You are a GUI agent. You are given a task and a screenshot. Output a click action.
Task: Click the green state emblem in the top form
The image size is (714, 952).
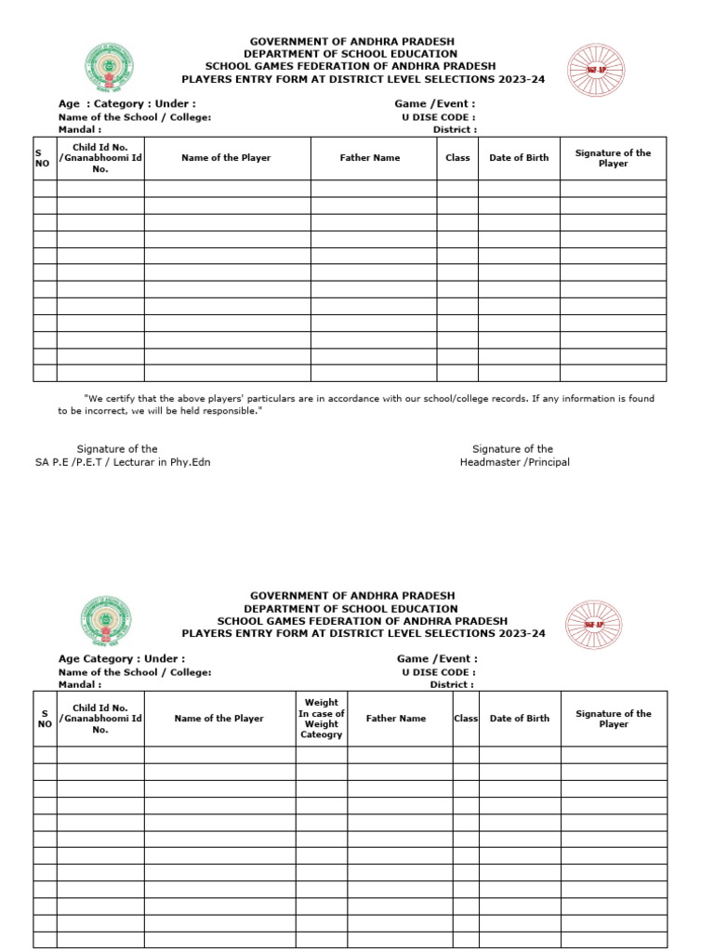point(108,68)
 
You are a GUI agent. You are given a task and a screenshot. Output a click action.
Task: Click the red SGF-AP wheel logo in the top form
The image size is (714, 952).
point(594,69)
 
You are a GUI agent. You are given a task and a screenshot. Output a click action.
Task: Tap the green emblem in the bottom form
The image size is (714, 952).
point(108,622)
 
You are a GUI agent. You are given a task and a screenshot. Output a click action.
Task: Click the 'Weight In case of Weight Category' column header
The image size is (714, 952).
point(322,719)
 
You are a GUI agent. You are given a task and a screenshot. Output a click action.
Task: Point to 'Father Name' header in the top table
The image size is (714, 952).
point(370,158)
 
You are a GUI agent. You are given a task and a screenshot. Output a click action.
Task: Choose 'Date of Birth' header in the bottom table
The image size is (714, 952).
point(520,719)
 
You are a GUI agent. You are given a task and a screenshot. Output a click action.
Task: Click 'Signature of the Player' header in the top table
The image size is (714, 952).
point(613,158)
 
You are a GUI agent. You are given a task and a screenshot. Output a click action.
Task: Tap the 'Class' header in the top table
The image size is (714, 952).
point(457,158)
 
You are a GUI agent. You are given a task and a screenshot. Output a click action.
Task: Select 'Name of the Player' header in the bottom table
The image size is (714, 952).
point(219,719)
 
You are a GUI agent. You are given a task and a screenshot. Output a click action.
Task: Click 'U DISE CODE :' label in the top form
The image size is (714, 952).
point(439,118)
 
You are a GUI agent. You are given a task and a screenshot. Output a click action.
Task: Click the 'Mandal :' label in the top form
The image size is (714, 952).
point(80,130)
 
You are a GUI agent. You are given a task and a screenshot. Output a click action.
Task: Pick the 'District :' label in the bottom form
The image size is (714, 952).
point(452,684)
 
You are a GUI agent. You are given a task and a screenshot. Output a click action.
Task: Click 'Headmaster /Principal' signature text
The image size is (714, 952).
point(515,462)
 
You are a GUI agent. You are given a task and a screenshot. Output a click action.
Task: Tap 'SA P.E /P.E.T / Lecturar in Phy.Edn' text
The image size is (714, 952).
point(123,462)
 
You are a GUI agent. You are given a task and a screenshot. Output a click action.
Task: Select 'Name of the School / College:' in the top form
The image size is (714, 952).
point(135,118)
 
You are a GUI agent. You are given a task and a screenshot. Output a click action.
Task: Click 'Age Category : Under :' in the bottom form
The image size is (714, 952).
point(122,659)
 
